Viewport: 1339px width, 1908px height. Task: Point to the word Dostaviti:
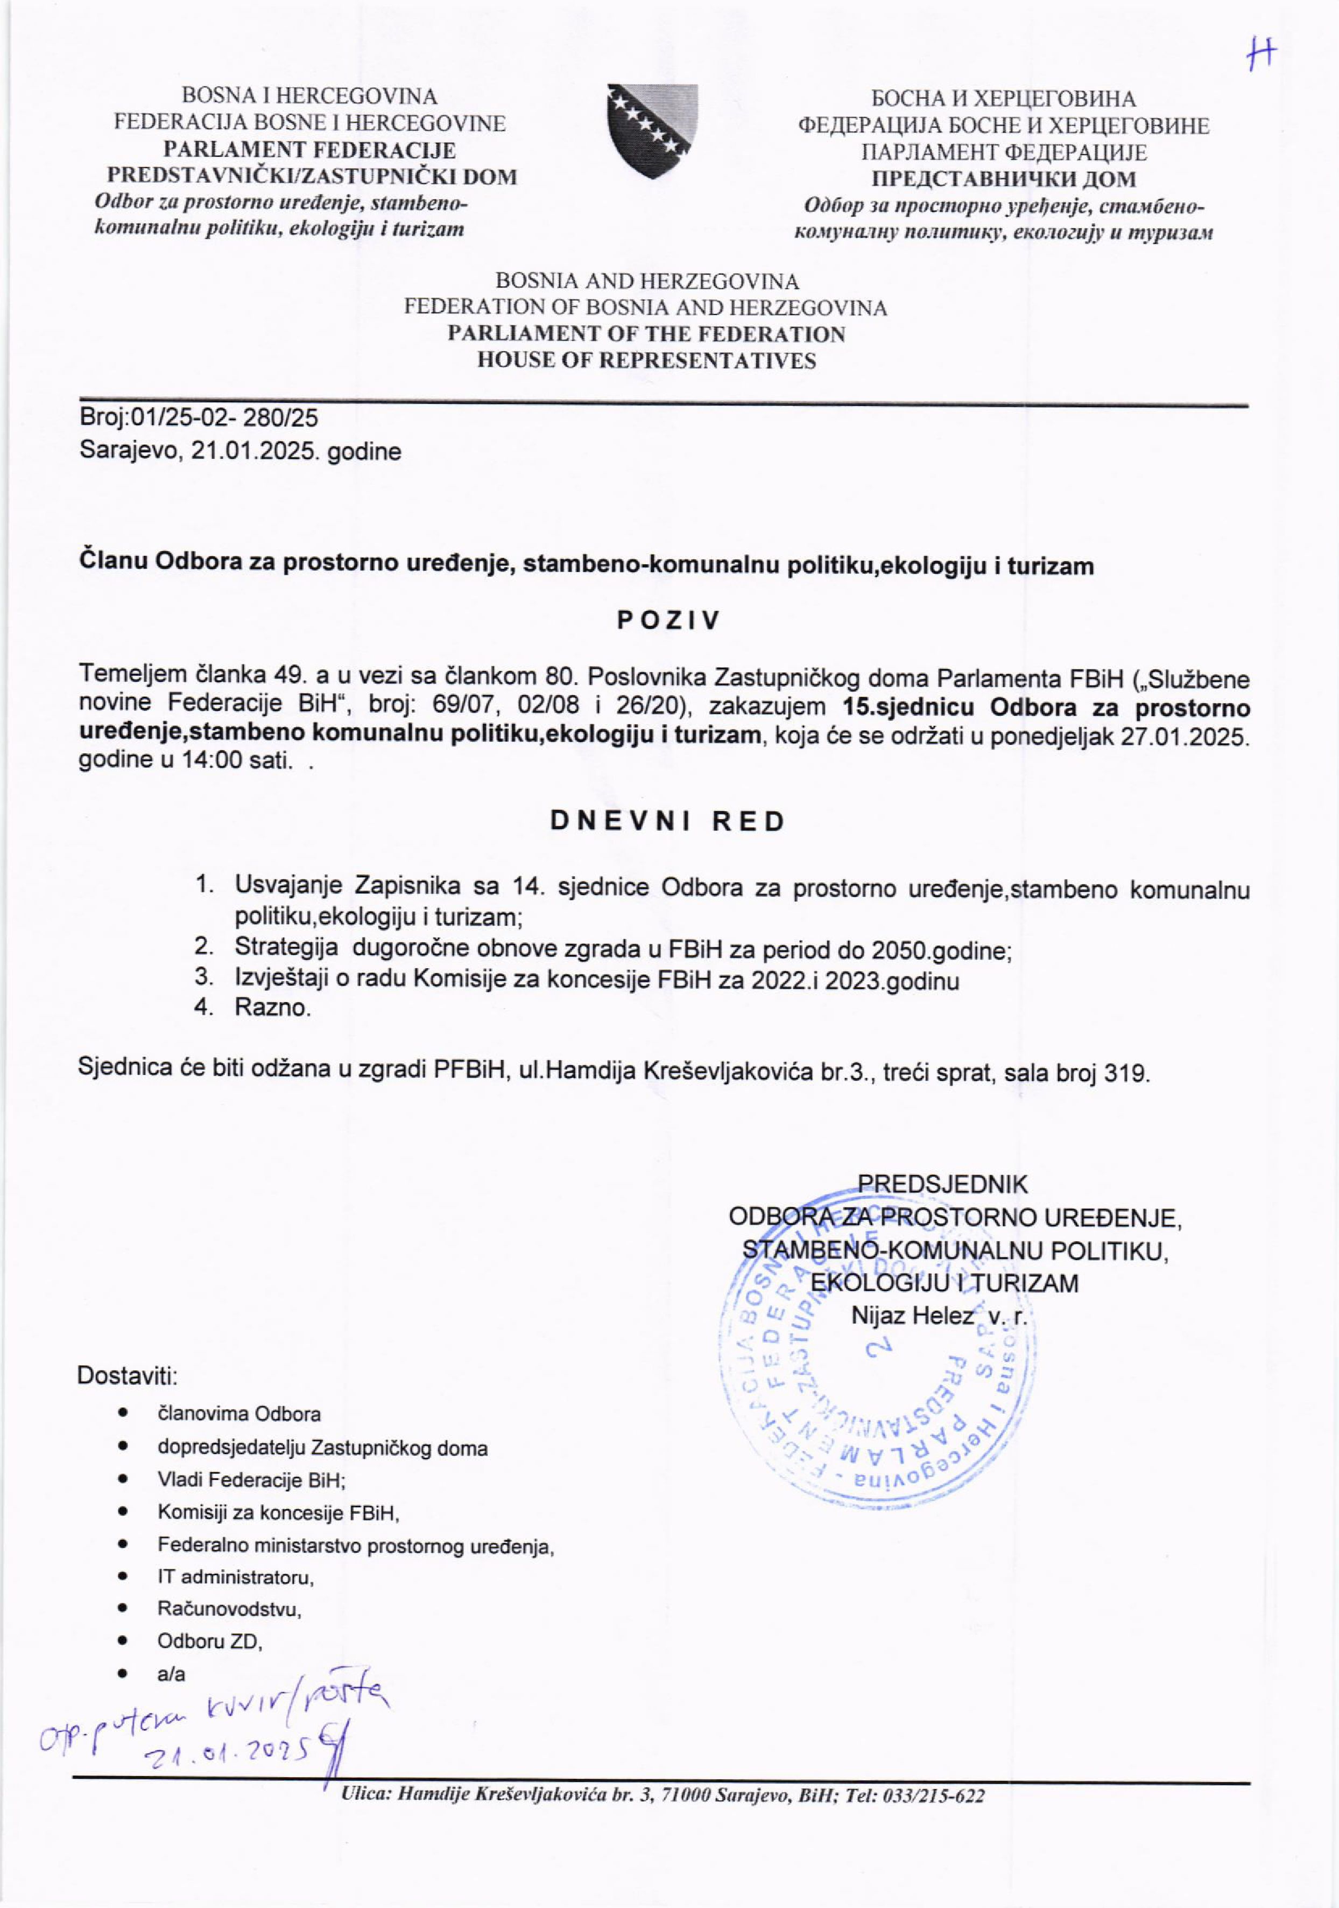coord(127,1375)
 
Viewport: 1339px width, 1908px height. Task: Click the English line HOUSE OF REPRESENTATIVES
coord(646,361)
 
